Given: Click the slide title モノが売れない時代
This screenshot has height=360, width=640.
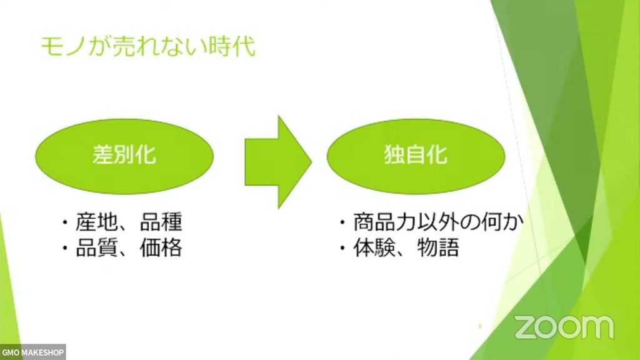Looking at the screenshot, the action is pyautogui.click(x=148, y=46).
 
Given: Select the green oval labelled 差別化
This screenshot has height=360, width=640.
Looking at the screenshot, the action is pyautogui.click(x=124, y=156).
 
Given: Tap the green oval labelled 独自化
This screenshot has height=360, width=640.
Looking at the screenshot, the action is pyautogui.click(x=416, y=156).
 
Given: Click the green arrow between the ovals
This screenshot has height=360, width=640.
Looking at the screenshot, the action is pyautogui.click(x=278, y=162).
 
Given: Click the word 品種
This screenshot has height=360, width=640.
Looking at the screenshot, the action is pyautogui.click(x=161, y=222).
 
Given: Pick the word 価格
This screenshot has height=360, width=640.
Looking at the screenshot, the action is pyautogui.click(x=161, y=247).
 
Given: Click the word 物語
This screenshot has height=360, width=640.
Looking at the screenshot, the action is pyautogui.click(x=438, y=247).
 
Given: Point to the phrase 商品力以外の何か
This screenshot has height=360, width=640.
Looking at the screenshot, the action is pyautogui.click(x=438, y=222).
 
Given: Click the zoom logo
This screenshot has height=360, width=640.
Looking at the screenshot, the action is pyautogui.click(x=564, y=326).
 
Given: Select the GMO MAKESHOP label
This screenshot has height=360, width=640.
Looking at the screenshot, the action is pyautogui.click(x=32, y=352).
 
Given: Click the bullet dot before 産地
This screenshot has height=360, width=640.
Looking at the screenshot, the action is pyautogui.click(x=65, y=223).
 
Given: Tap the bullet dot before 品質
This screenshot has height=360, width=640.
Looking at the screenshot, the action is pyautogui.click(x=65, y=248).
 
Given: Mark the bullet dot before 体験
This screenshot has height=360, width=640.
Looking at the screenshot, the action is pyautogui.click(x=342, y=248).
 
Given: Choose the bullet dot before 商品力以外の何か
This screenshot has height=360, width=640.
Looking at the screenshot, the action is pyautogui.click(x=342, y=223).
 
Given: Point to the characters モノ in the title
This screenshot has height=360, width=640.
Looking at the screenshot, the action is pyautogui.click(x=62, y=46).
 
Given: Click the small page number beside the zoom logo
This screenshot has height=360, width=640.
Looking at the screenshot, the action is pyautogui.click(x=480, y=326).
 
